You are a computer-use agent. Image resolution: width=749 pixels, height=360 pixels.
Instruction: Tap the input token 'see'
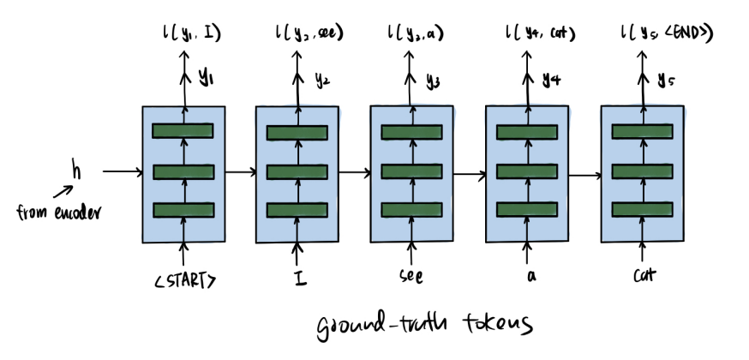pyautogui.click(x=411, y=278)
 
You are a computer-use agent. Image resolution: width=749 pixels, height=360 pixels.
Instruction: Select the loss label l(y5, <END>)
pyautogui.click(x=668, y=33)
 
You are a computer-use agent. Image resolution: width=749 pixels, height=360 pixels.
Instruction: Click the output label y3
pyautogui.click(x=434, y=81)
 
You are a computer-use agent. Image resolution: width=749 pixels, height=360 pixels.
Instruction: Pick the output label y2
pyautogui.click(x=319, y=81)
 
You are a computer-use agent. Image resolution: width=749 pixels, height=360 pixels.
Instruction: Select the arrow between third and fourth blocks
pyautogui.click(x=469, y=175)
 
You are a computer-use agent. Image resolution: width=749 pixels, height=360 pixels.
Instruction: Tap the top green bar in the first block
pyautogui.click(x=183, y=130)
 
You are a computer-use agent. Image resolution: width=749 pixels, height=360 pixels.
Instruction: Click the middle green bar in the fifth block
pyautogui.click(x=643, y=171)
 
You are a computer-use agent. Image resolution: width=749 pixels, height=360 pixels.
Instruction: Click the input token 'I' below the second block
pyautogui.click(x=297, y=278)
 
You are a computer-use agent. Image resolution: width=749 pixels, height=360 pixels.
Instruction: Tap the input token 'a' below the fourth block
pyautogui.click(x=527, y=278)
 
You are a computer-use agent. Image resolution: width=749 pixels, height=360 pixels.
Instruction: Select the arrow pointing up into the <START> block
pyautogui.click(x=183, y=253)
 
